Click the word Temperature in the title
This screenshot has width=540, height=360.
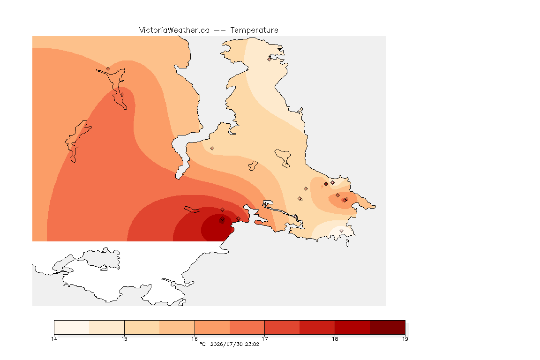(254, 30)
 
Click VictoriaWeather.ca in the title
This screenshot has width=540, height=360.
(174, 30)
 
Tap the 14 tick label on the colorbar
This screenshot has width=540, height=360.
(54, 339)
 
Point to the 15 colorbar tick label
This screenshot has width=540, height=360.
(124, 339)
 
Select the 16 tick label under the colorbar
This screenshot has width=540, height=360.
(195, 339)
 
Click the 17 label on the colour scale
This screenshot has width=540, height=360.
(264, 339)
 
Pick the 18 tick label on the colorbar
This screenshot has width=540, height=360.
(335, 339)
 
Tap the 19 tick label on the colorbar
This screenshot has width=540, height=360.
(405, 339)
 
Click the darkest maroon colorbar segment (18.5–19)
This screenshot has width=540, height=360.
(388, 327)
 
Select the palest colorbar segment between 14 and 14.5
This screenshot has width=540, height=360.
(72, 327)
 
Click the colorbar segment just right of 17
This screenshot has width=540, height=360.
(282, 327)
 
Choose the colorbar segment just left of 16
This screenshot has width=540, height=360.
(177, 327)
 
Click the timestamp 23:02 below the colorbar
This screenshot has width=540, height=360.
(252, 344)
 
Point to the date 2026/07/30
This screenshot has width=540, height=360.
(225, 344)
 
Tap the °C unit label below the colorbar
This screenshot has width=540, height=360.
(202, 344)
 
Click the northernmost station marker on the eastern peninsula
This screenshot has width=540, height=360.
(270, 59)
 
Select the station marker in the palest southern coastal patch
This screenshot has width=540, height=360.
(341, 231)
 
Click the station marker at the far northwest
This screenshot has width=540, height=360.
(108, 69)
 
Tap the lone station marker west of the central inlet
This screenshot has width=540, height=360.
(212, 149)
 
